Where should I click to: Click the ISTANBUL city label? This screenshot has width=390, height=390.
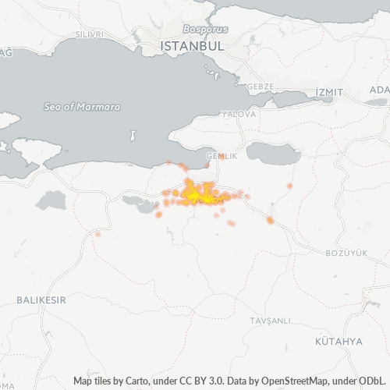(x=192, y=47)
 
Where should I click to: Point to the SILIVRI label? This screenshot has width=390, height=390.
(x=90, y=35)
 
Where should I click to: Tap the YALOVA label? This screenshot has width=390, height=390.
(x=239, y=114)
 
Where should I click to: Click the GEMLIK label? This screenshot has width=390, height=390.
(x=221, y=156)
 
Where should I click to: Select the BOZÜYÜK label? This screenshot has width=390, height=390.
(x=346, y=253)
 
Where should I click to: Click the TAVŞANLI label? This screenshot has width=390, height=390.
(x=270, y=321)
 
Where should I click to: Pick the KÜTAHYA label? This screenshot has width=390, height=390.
(x=339, y=342)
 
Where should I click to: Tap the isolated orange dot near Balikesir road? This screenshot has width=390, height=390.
(x=97, y=233)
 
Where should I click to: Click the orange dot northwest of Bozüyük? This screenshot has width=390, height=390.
(x=270, y=221)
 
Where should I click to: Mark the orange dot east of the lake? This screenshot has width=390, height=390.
(x=289, y=186)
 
